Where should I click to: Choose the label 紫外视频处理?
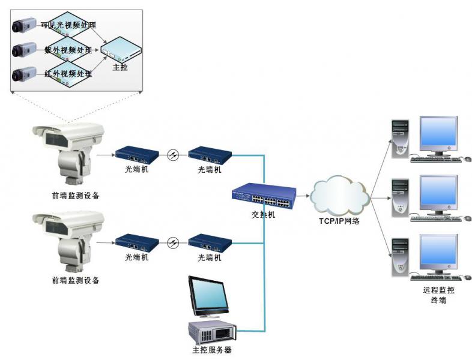pyautogui.click(x=68, y=49)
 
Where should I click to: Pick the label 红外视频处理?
pyautogui.click(x=68, y=74)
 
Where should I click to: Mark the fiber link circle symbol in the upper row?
pyautogui.click(x=174, y=155)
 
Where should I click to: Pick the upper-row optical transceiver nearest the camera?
pyautogui.click(x=137, y=155)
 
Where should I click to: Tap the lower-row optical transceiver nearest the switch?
pyautogui.click(x=210, y=242)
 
